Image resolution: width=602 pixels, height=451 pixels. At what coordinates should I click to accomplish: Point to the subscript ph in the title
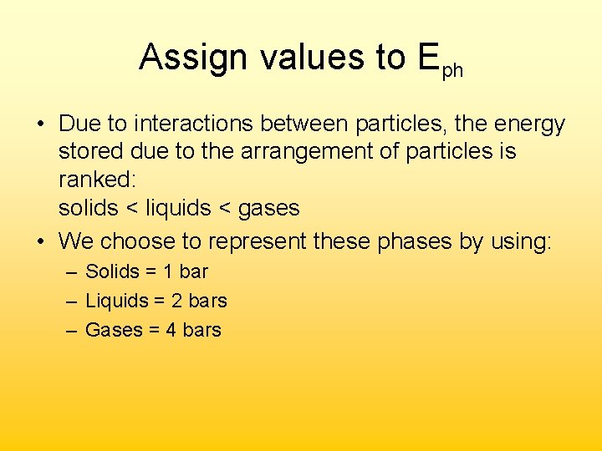click(451, 70)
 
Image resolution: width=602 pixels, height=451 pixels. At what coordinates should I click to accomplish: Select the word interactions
click(195, 124)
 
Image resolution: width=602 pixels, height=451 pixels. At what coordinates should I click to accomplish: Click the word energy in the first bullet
click(528, 125)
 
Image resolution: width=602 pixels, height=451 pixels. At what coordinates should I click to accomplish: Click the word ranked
click(93, 180)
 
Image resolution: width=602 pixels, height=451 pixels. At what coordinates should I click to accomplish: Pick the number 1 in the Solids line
click(168, 272)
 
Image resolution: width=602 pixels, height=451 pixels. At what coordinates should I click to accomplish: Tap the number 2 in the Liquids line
click(177, 301)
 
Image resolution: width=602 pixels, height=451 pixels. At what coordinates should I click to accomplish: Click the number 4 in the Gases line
click(171, 330)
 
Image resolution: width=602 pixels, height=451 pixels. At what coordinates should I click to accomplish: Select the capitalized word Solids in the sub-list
click(112, 272)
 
